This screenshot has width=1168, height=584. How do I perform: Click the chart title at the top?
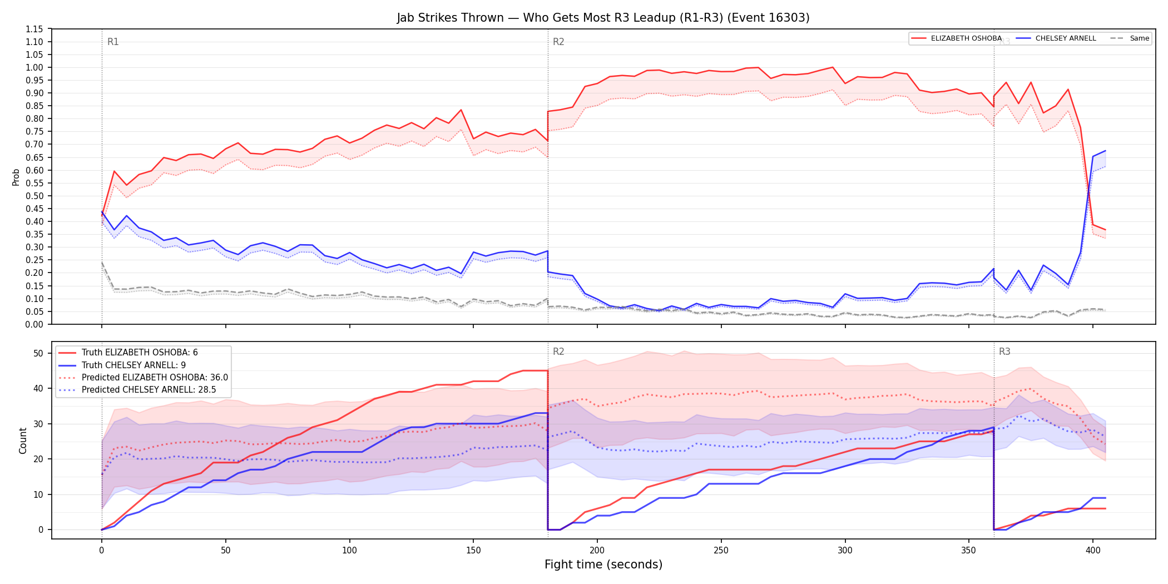point(603,18)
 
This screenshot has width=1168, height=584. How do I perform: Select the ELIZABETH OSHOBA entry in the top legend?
point(956,38)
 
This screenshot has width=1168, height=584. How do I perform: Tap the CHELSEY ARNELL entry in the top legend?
point(1056,38)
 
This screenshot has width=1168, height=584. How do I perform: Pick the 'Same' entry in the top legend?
point(1130,38)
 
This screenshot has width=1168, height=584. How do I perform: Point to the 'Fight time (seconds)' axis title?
point(603,565)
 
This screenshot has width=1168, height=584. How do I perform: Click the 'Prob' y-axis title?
point(16,177)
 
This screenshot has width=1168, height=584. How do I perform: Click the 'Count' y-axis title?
point(23,441)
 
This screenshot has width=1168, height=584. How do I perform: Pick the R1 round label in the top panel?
point(113,42)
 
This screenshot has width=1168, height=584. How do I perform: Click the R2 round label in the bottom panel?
point(558,352)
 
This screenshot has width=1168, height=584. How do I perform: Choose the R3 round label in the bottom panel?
point(1004,352)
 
